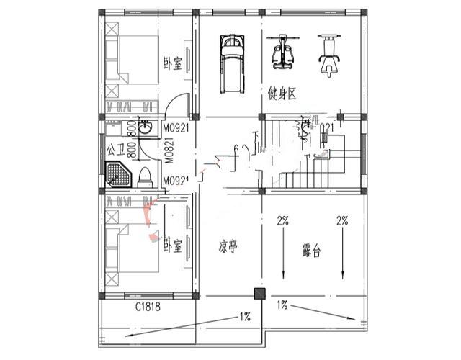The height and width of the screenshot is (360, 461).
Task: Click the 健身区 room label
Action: click(x=282, y=94)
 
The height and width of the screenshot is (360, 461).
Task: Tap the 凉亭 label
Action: click(x=228, y=248)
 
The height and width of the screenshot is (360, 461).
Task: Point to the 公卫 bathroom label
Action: click(x=115, y=150)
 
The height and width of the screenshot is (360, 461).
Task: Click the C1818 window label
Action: click(x=148, y=307)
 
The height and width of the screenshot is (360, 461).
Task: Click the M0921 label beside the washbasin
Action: click(x=175, y=128)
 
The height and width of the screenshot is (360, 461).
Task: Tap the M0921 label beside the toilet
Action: click(x=175, y=180)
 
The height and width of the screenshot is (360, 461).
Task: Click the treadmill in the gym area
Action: click(x=232, y=64)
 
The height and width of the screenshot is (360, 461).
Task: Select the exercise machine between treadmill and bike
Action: click(x=281, y=55)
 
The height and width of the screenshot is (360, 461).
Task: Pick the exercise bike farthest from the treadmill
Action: click(x=331, y=55)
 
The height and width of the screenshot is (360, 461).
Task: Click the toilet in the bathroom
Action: click(x=144, y=175)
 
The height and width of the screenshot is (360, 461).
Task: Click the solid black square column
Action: click(x=259, y=294)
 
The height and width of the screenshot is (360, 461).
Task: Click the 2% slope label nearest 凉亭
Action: click(x=282, y=221)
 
